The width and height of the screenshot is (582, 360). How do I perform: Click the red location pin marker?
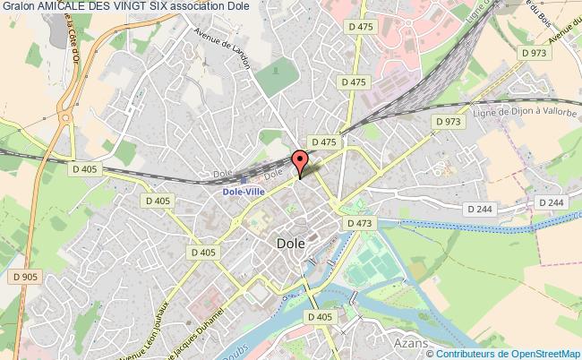click(300, 162)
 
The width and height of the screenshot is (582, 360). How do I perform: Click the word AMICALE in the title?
click(70, 8)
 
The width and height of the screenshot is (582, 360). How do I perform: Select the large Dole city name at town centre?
click(290, 243)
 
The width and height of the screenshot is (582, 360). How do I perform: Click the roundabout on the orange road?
click(65, 116)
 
